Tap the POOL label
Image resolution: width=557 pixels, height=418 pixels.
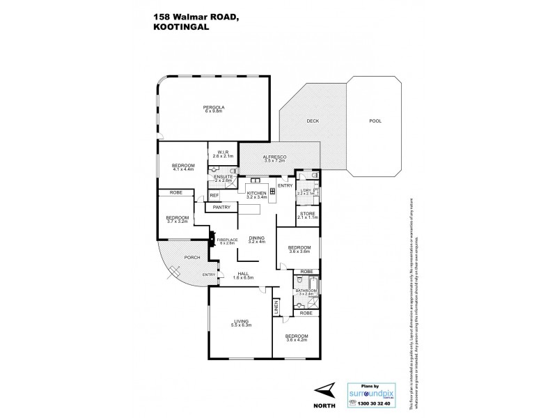pos(375,121)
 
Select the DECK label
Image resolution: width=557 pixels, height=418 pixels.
pos(313,121)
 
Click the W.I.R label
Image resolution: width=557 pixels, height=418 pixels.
pos(223,153)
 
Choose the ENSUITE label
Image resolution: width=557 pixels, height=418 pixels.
pos(224,178)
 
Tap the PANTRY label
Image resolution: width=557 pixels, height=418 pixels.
pos(221,207)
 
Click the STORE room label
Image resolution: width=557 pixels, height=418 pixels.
pos(307,215)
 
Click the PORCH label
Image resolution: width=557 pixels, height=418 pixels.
pos(192,258)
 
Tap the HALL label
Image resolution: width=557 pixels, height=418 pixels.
pos(244,274)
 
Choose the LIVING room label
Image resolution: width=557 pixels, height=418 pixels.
pos(242,322)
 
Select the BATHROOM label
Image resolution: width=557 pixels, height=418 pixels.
pos(306,291)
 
